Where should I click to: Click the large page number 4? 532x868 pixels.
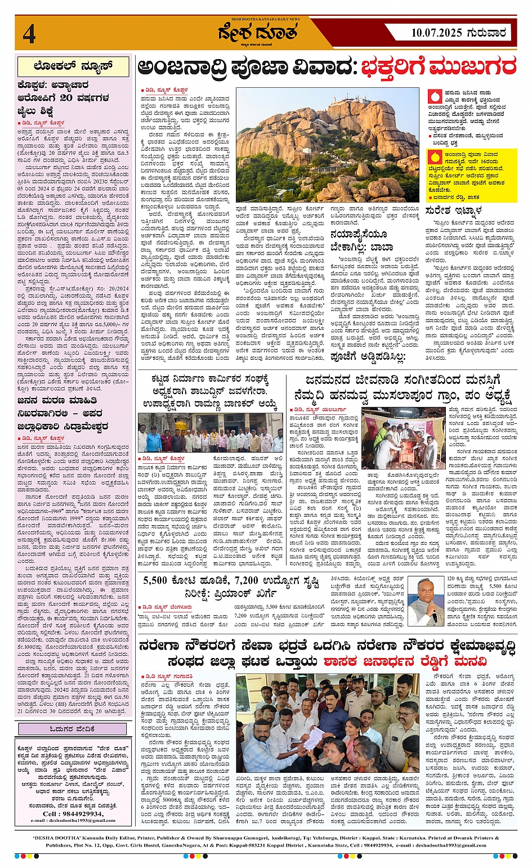point(29,34)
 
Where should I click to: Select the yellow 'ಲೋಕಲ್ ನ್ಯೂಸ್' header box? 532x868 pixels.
point(73,66)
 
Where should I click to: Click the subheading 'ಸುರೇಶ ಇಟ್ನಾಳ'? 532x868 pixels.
point(454,212)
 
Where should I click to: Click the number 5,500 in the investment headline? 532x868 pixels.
point(155,580)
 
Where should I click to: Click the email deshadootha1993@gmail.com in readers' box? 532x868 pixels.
point(73,820)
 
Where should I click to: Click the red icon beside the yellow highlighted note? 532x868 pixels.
point(434,158)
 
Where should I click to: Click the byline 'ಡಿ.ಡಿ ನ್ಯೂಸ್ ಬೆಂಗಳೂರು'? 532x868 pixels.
point(167,606)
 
